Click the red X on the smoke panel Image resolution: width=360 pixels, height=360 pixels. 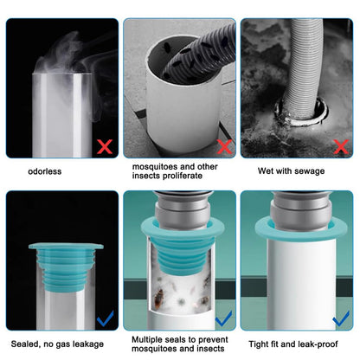coord(105,146)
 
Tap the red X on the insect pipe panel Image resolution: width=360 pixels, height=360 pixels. coord(224,146)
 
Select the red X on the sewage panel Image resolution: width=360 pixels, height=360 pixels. coord(341,146)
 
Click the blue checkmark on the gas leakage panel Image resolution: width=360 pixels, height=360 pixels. coord(106,318)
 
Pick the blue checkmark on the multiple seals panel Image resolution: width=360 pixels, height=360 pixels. coord(223,318)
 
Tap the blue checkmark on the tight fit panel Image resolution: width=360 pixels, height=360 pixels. coord(341,318)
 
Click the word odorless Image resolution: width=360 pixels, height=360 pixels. coord(45,171)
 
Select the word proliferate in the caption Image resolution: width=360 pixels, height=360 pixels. coord(182,176)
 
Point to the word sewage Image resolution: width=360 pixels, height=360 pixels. coord(309,171)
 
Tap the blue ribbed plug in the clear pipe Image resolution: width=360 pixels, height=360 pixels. coord(67,267)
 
